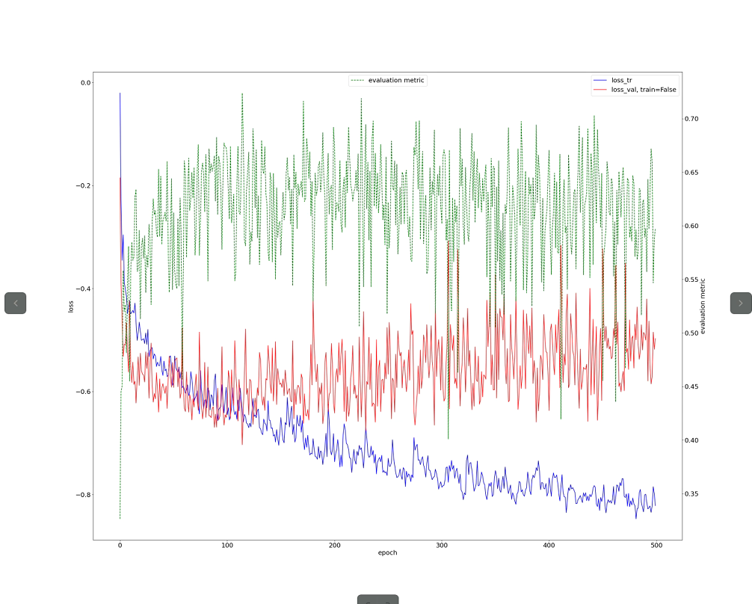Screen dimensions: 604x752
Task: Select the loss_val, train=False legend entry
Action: tap(643, 90)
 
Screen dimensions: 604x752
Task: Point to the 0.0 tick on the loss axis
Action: tap(85, 83)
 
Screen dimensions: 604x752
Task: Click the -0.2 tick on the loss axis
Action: tap(83, 185)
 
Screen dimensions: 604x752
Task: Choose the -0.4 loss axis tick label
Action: tap(83, 289)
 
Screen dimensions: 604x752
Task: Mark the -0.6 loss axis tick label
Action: tap(83, 392)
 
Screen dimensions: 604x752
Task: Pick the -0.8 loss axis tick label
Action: tap(83, 495)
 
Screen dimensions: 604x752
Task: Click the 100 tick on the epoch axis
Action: tap(227, 546)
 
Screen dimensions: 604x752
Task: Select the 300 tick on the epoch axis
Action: tap(442, 546)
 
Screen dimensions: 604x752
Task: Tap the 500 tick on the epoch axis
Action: tap(656, 546)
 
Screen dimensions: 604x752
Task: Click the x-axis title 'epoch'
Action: tap(387, 553)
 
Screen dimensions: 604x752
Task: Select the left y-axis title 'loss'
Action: tap(72, 306)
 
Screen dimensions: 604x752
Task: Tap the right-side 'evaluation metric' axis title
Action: tap(703, 306)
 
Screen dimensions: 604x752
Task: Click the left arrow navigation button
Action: tap(16, 303)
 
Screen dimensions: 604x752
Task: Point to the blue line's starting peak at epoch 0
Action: tap(120, 93)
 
